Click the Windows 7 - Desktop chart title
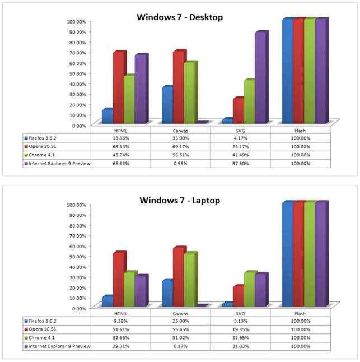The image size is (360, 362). (180, 17)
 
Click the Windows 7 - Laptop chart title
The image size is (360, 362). (180, 199)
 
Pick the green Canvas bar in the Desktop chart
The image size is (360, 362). (190, 93)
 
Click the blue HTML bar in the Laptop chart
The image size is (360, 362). (107, 301)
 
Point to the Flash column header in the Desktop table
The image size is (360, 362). (301, 129)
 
